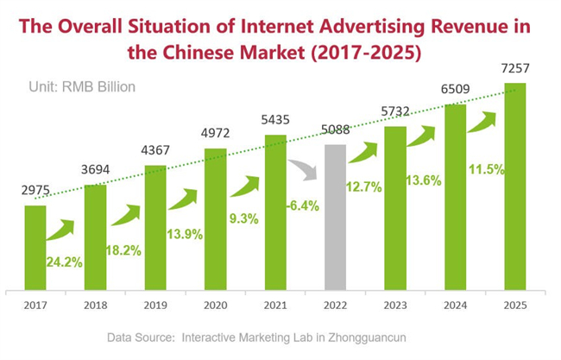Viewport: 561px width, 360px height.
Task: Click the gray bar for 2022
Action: [336, 217]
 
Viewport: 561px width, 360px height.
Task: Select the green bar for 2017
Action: [35, 247]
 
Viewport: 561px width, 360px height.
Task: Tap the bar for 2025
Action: [515, 186]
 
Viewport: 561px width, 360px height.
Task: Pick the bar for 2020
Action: [215, 219]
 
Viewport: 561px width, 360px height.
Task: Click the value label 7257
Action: [515, 68]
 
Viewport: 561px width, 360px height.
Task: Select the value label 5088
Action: [336, 131]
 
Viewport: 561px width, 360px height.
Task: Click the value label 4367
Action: [155, 151]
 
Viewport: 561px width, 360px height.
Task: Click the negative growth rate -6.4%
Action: [301, 205]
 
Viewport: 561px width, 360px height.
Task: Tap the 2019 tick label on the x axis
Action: [155, 304]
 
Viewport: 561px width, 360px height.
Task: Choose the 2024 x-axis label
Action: [456, 304]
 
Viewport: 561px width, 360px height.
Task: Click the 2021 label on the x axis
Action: [275, 304]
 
